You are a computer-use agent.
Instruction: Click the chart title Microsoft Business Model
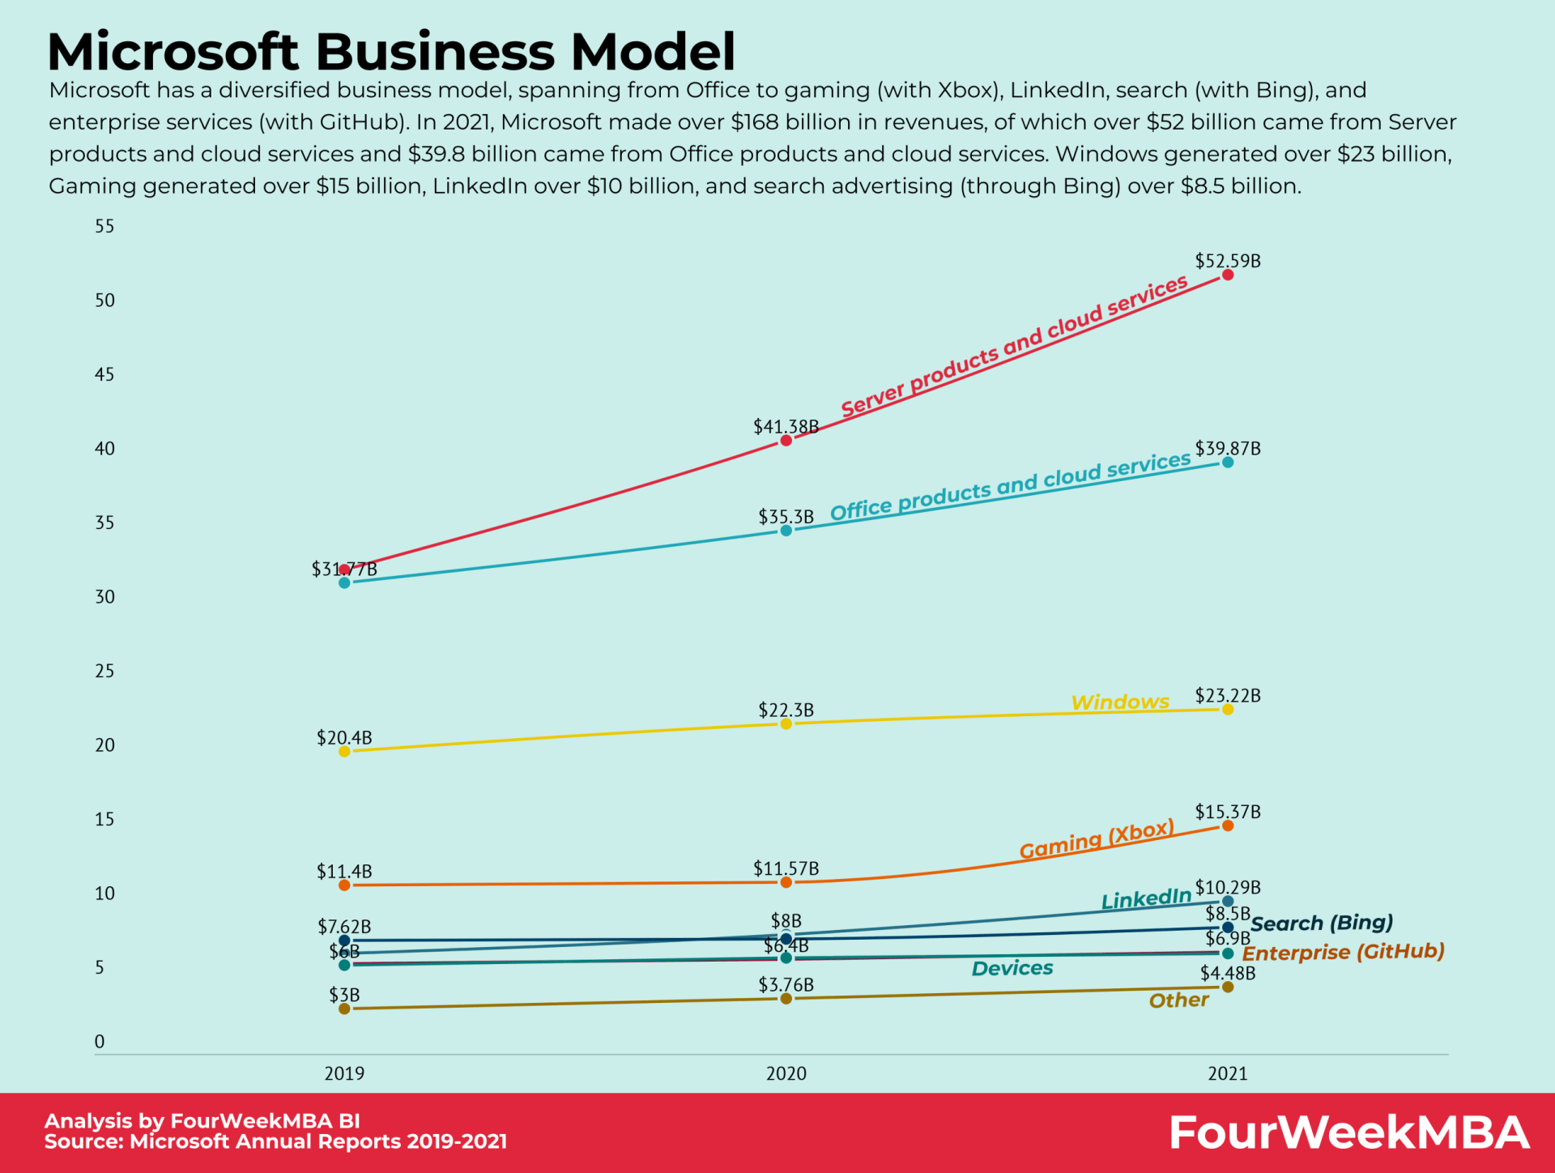(391, 52)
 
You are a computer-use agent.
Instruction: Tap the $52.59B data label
(1228, 261)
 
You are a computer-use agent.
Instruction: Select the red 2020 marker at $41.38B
(786, 441)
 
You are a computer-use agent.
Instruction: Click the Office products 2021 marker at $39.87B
(1228, 463)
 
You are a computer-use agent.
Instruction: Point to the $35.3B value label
(786, 517)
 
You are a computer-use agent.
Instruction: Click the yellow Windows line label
(1120, 702)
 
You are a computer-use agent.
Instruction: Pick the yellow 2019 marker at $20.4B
(344, 752)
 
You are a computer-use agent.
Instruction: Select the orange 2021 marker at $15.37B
(1228, 825)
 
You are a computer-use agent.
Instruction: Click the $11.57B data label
(786, 868)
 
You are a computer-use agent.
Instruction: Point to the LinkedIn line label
(1146, 898)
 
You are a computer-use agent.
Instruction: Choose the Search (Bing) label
(1322, 923)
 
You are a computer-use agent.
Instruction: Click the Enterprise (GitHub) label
(1343, 952)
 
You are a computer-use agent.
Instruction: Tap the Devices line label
(1012, 968)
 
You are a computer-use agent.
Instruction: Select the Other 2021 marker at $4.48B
(1228, 987)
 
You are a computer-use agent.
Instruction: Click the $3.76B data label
(786, 984)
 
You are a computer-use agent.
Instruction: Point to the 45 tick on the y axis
(104, 374)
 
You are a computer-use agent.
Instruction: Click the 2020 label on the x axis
(786, 1073)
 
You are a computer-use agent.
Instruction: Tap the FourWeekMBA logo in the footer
(1348, 1132)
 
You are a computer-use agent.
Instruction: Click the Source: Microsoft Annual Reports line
(275, 1141)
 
